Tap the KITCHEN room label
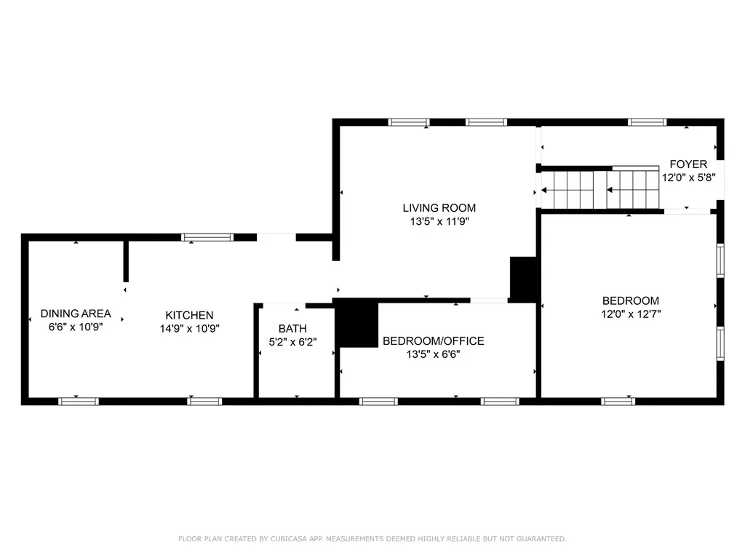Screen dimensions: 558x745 (x=189, y=315)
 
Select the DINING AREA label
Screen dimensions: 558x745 (x=76, y=314)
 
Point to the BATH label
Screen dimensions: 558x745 (x=292, y=329)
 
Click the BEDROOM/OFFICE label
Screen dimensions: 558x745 (x=433, y=340)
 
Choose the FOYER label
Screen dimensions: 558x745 (x=688, y=164)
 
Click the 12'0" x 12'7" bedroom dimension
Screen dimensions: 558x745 (x=630, y=314)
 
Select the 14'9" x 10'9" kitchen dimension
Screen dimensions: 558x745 (x=189, y=328)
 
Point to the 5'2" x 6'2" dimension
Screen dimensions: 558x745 (x=292, y=341)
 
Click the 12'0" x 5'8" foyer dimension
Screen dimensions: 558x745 (x=688, y=177)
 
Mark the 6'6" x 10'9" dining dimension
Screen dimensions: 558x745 (x=76, y=327)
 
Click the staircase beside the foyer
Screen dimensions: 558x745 (x=601, y=189)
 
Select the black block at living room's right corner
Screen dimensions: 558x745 (x=523, y=279)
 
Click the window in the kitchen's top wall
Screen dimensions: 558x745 (x=207, y=236)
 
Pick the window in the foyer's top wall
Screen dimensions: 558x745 (x=647, y=122)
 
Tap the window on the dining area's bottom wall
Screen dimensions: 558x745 (x=78, y=401)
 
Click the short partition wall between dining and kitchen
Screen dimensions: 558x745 (x=126, y=260)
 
